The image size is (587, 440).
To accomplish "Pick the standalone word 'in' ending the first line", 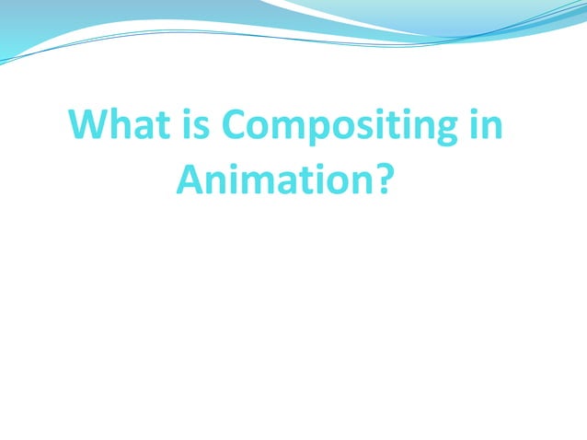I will (x=486, y=125).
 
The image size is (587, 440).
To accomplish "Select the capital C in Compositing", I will (x=236, y=125).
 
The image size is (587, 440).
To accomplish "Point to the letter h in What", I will (x=121, y=125).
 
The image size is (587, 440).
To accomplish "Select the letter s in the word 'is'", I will (x=201, y=127).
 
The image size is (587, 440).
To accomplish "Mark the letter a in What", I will (x=142, y=127).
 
